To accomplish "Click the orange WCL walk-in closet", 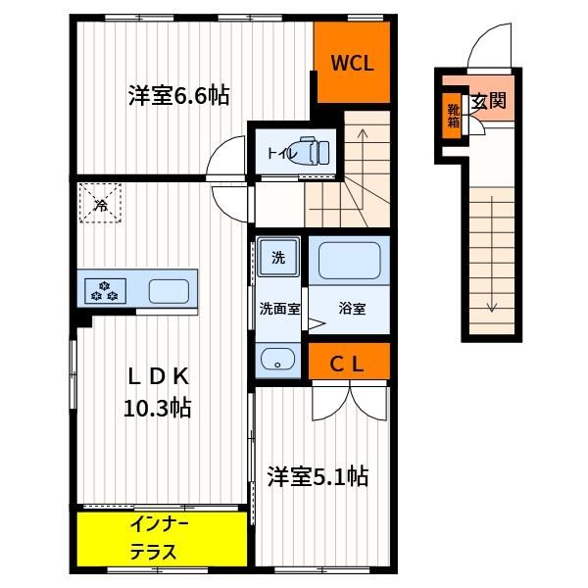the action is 352,62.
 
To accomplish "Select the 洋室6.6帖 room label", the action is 178,96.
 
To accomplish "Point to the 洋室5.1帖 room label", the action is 318,476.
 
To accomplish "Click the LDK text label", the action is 158,376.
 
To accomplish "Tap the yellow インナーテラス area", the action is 162,539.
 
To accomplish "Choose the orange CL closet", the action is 349,361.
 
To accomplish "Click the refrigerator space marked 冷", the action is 100,203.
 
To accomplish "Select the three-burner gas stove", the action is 105,291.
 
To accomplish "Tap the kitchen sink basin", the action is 169,291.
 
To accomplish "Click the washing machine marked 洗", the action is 278,257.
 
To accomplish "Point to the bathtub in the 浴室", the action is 349,261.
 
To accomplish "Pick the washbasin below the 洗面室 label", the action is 278,359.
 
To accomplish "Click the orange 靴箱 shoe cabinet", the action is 453,116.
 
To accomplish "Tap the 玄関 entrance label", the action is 489,101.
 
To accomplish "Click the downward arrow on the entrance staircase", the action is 492,254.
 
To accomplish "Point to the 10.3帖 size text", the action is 158,408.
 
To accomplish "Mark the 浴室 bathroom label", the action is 352,309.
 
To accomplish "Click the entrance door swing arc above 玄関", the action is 484,37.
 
